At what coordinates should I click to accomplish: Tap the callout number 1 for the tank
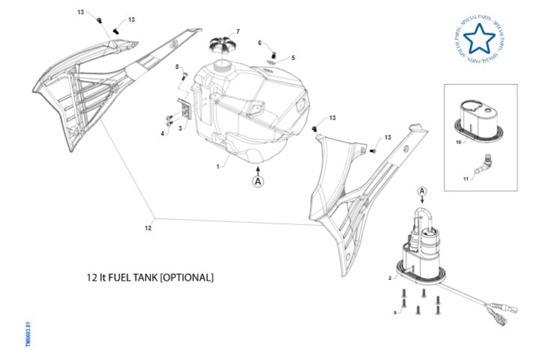(218, 167)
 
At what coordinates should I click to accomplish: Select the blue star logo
(479, 38)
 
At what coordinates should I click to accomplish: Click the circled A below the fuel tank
(259, 181)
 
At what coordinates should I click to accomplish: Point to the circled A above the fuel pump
(422, 191)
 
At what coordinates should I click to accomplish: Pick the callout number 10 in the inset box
(458, 142)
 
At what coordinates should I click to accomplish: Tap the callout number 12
(148, 227)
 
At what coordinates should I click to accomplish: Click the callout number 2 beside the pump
(390, 278)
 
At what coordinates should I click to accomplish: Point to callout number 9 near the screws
(394, 313)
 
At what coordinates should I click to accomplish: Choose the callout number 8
(177, 67)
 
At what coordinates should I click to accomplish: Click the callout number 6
(259, 43)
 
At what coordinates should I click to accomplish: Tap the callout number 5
(293, 58)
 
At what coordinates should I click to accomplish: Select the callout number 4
(162, 133)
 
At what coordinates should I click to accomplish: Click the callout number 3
(180, 128)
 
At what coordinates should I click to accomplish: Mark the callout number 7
(237, 32)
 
